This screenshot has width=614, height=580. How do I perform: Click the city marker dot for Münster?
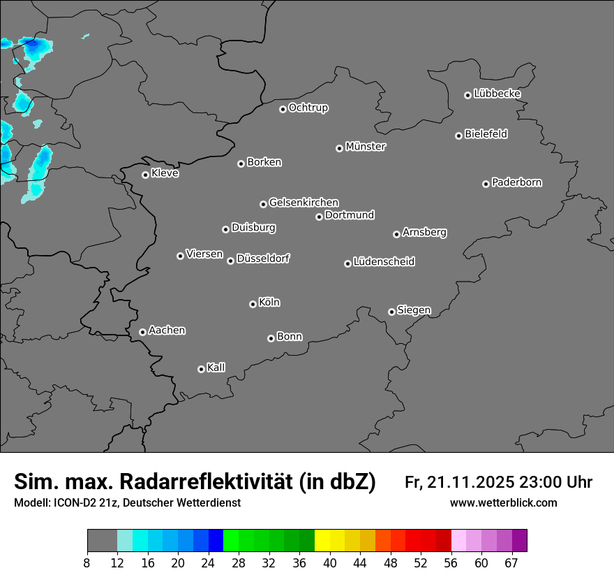click(340, 148)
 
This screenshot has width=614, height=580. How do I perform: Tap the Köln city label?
click(269, 303)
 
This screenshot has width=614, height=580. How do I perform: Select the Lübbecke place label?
click(497, 94)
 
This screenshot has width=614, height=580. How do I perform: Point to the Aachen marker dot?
click(142, 332)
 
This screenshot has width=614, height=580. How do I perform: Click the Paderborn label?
click(516, 182)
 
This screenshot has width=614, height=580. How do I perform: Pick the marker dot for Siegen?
click(391, 312)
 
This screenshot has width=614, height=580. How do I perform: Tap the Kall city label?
click(216, 368)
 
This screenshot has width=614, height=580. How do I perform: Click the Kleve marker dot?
click(145, 175)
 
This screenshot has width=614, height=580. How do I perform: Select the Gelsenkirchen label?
click(304, 203)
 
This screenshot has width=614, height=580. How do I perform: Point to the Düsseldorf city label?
click(263, 259)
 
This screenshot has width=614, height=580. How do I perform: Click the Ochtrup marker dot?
click(283, 109)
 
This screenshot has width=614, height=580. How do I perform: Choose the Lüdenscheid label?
click(384, 262)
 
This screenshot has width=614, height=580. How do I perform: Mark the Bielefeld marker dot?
click(458, 136)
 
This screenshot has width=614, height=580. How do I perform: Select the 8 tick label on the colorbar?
click(87, 563)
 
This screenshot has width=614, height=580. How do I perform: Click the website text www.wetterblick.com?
click(503, 503)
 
